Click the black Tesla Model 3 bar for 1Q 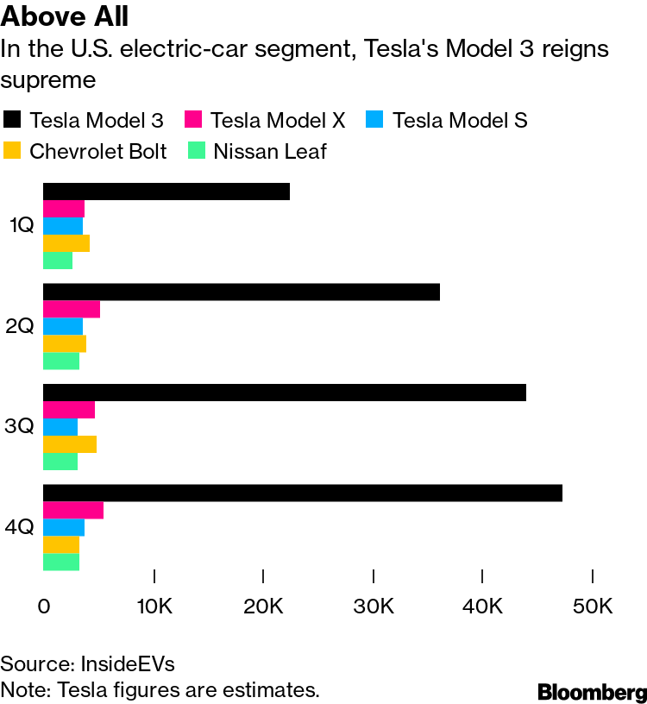point(166,192)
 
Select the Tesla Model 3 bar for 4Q point(303,493)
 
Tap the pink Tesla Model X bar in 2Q point(72,310)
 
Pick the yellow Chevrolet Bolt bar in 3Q point(70,444)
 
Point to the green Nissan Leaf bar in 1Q point(58,261)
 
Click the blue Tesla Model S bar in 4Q point(64,527)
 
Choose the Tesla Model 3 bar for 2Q point(241,292)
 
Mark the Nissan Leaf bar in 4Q point(61,563)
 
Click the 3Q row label point(19,425)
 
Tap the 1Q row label point(22,225)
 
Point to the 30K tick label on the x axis point(374,607)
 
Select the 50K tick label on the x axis point(593,607)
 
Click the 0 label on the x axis point(43,607)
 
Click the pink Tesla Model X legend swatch point(193,119)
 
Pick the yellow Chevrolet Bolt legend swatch point(12,150)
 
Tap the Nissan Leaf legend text point(270,151)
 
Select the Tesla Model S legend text point(460,120)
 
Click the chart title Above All point(65,16)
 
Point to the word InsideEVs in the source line point(128,664)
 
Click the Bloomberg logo point(593,692)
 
